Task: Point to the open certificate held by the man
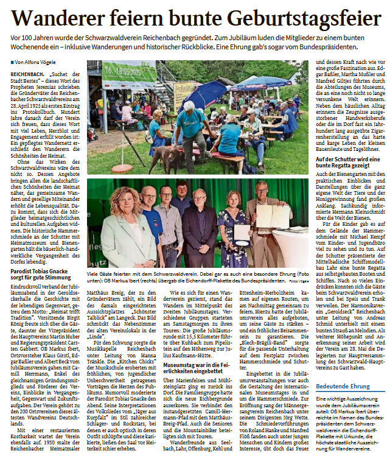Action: click(x=272, y=215)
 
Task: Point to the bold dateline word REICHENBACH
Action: click(x=27, y=73)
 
